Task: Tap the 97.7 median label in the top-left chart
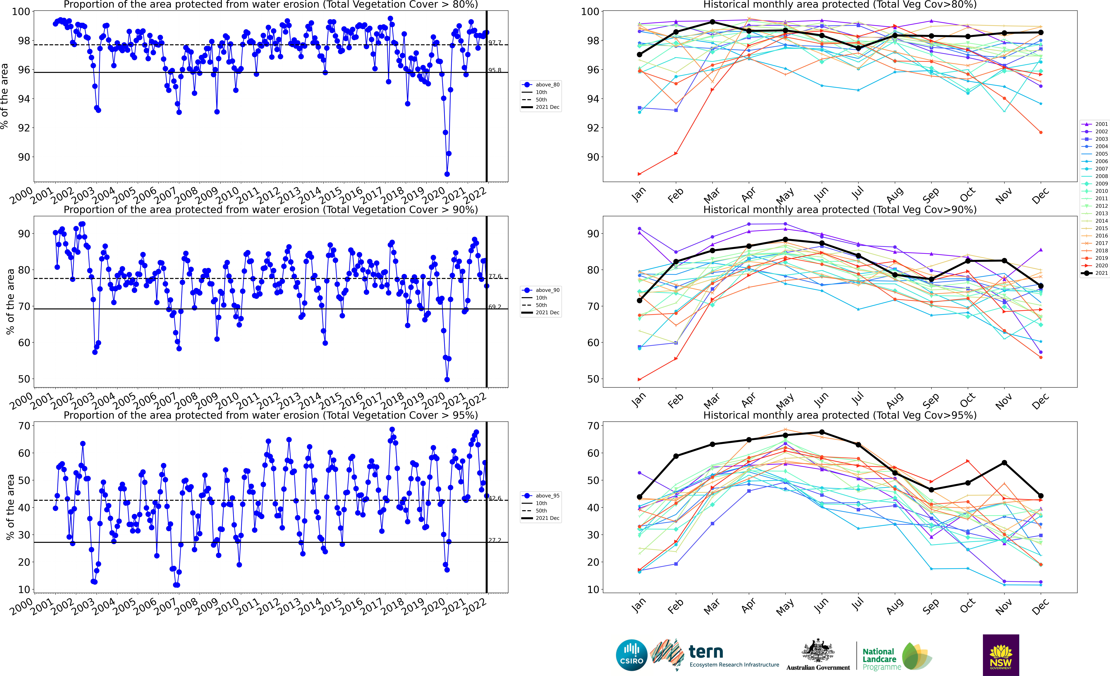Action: (x=495, y=42)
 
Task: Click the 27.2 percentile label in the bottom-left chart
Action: (x=495, y=540)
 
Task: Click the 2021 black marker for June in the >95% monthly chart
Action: (x=822, y=432)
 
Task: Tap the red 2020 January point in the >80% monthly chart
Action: (x=639, y=174)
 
